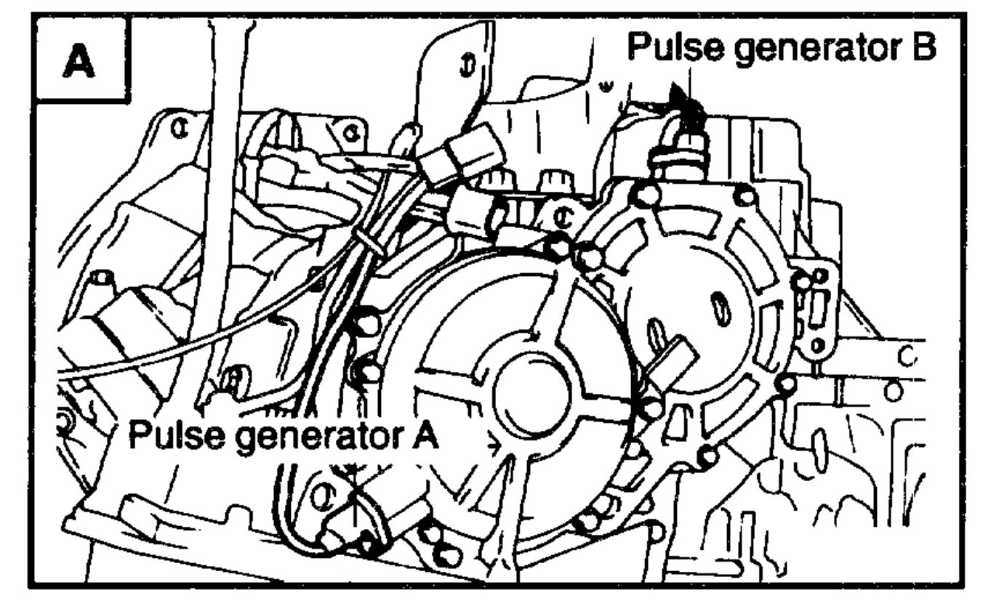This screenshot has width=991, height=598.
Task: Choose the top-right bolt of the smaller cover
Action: pos(743,195)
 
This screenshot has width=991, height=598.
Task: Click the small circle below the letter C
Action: pos(894,390)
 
